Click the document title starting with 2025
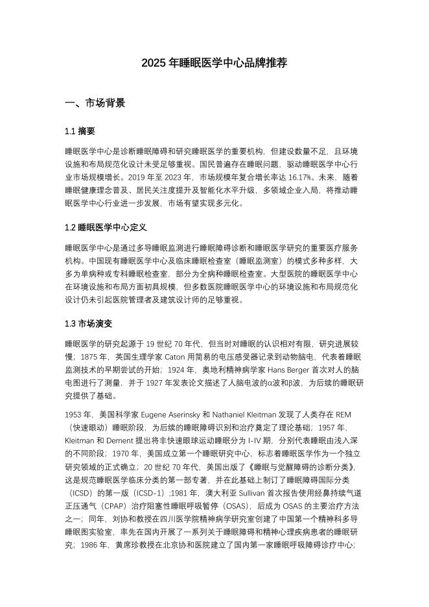214,63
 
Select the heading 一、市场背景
95,103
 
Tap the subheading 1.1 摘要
80,131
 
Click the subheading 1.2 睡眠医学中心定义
106,228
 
